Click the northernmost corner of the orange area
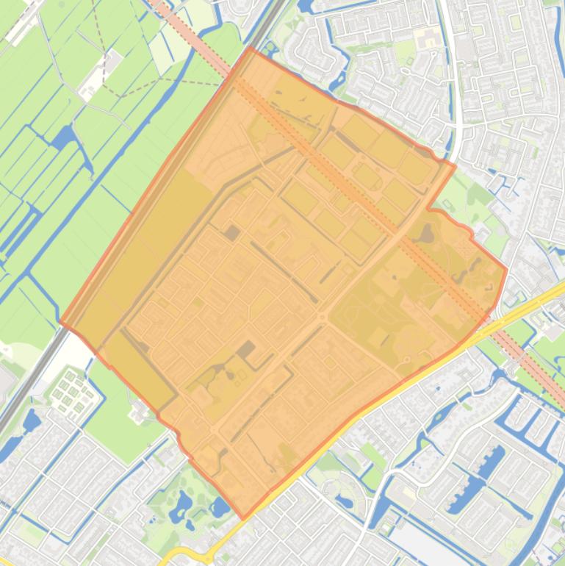pos(251,48)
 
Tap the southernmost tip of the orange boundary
pos(244,517)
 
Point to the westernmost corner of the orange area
pos(61,323)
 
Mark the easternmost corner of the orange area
pos(506,270)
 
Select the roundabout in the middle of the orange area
pos(321,317)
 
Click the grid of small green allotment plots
pos(73,390)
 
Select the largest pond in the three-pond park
pos(181,504)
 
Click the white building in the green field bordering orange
pos(138,412)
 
